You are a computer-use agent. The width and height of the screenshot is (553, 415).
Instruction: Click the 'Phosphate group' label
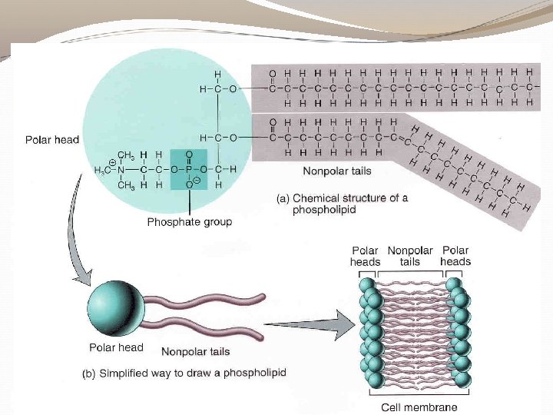pyautogui.click(x=189, y=222)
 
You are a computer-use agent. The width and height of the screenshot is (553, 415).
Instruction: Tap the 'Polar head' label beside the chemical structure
pyautogui.click(x=51, y=141)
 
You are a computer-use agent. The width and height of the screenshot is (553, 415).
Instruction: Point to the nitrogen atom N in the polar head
pyautogui.click(x=121, y=167)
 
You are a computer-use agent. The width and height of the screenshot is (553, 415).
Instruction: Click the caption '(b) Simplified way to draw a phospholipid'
pyautogui.click(x=184, y=373)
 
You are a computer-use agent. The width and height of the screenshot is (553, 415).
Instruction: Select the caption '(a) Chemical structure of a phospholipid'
pyautogui.click(x=343, y=204)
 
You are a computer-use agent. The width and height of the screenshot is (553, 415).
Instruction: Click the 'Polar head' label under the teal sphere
pyautogui.click(x=116, y=347)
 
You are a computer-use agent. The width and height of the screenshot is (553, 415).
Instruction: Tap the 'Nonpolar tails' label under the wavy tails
pyautogui.click(x=195, y=352)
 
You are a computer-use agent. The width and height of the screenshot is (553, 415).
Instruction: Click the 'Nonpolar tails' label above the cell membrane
pyautogui.click(x=410, y=257)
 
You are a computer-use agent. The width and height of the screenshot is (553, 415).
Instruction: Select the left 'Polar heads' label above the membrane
pyautogui.click(x=366, y=257)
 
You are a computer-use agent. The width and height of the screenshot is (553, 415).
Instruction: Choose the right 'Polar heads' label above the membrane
pyautogui.click(x=455, y=256)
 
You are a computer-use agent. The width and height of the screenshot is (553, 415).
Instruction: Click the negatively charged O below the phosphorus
pyautogui.click(x=189, y=185)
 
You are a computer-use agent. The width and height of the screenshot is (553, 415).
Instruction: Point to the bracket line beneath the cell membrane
pyautogui.click(x=415, y=396)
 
